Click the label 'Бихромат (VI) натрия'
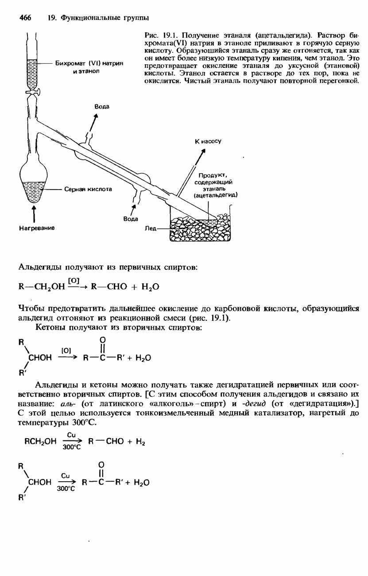point(89,63)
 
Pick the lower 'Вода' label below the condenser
point(130,219)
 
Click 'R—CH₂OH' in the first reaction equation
point(39,287)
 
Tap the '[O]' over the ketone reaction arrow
point(66,350)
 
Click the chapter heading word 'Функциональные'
point(87,18)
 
